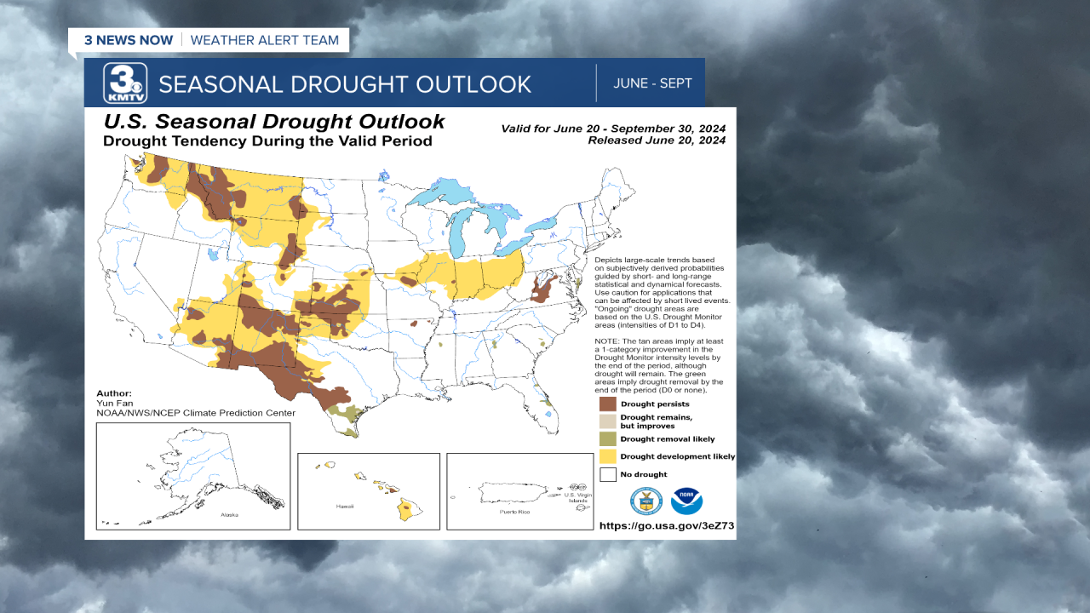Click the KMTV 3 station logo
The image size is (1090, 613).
[125, 83]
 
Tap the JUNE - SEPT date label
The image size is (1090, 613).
[653, 83]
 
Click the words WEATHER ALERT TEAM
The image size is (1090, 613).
[264, 40]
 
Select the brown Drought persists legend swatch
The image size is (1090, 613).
[607, 404]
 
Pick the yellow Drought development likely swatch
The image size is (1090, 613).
[607, 456]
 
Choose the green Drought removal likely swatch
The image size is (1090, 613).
[607, 438]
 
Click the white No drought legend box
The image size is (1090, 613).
[607, 474]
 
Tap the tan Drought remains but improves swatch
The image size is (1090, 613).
[607, 421]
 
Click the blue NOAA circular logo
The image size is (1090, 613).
[686, 501]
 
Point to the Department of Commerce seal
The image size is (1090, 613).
[645, 501]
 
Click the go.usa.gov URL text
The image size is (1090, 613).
[666, 526]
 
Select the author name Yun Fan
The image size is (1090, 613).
[115, 403]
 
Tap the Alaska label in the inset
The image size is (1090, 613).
[230, 515]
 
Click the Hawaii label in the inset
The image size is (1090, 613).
[344, 506]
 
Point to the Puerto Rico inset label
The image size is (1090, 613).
[515, 513]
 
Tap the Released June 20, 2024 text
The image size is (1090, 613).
[656, 140]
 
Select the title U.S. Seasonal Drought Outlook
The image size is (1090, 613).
[273, 122]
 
